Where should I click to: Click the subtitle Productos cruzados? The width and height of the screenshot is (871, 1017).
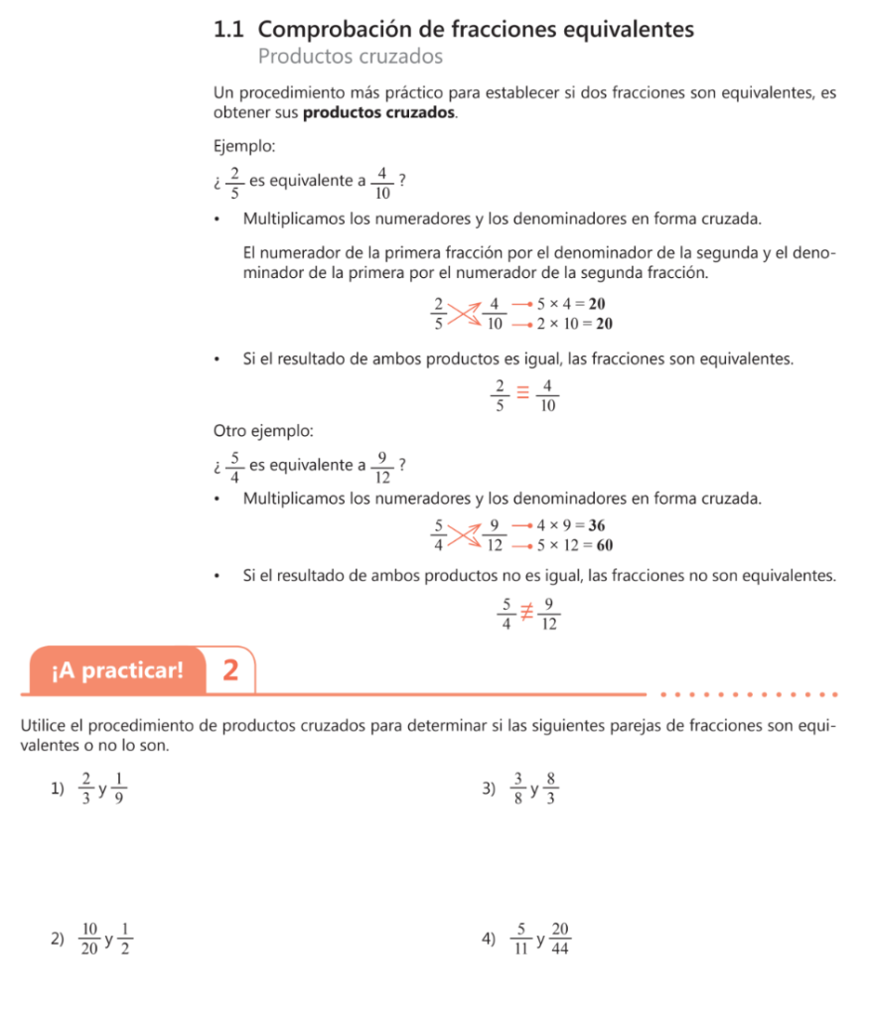[x=350, y=57]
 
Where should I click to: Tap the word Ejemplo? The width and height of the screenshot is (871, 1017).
[x=244, y=146]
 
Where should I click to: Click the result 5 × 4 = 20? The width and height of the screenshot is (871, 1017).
[x=571, y=304]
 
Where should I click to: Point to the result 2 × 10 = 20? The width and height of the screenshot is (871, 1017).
[x=574, y=324]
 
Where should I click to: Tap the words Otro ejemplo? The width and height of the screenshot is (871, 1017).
[x=263, y=431]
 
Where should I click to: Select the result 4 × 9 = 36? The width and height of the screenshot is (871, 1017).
[x=571, y=525]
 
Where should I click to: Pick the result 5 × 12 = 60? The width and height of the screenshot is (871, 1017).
[x=574, y=544]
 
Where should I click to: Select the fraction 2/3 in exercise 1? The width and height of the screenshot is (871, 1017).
[x=87, y=790]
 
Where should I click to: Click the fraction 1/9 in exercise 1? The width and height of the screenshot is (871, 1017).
[x=119, y=790]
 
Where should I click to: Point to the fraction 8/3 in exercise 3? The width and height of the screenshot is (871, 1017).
[x=551, y=790]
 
